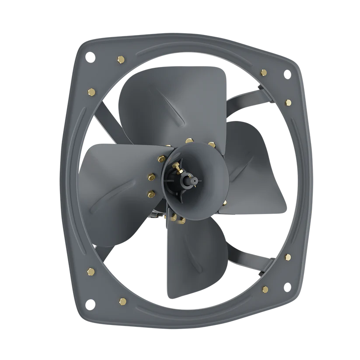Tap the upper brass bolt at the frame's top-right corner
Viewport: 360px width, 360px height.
click(263, 73)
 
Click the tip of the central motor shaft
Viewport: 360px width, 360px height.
click(191, 179)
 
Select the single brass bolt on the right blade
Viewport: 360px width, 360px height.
click(224, 202)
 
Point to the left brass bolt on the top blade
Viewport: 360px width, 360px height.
click(189, 141)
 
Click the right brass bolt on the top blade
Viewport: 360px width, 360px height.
click(212, 144)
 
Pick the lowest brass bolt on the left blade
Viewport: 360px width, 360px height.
click(153, 192)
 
